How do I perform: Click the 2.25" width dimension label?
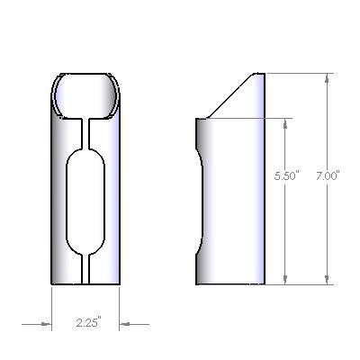click(89, 322)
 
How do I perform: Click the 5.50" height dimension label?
click(287, 175)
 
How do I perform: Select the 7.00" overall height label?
click(328, 175)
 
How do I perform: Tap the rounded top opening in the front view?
click(85, 95)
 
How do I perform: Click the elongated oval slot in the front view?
click(85, 202)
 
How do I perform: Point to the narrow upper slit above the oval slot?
click(85, 133)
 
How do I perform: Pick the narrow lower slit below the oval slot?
click(85, 269)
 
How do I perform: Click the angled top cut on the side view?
click(231, 95)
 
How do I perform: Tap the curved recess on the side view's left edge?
click(200, 202)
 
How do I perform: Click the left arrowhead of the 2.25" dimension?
click(46, 324)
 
